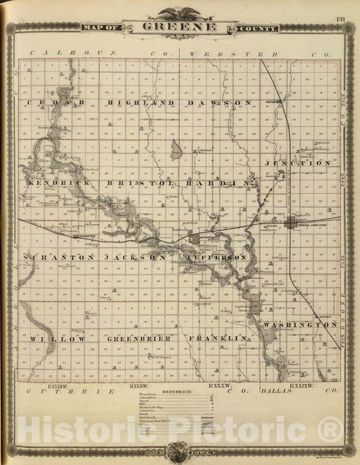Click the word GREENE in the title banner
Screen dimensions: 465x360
pyautogui.click(x=180, y=28)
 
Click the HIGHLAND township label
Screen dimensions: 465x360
pyautogui.click(x=132, y=103)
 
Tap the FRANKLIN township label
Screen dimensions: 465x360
pyautogui.click(x=217, y=337)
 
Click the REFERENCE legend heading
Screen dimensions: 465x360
pyautogui.click(x=178, y=391)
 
